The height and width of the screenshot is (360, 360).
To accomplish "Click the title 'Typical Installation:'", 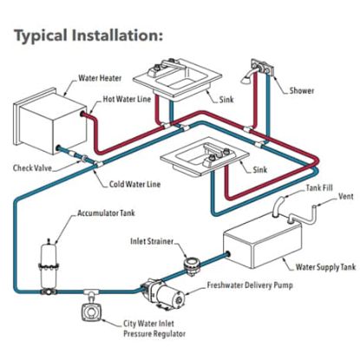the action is tap(88, 36).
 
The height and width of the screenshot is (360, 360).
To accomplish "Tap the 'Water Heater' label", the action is tap(100, 78).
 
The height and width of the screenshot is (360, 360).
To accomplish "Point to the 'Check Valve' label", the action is tap(32, 168).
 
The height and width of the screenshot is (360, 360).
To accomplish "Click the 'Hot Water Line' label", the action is tap(127, 99).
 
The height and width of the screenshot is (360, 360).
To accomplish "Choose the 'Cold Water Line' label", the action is tap(134, 184).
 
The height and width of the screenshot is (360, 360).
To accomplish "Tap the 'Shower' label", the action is tap(302, 91).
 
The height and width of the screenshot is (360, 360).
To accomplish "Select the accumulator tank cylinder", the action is tap(49, 263).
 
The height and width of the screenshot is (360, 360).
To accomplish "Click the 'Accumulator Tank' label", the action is tap(106, 213).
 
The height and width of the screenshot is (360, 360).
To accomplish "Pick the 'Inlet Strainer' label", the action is tap(152, 241).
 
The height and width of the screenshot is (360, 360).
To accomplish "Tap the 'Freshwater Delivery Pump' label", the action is tap(250, 285).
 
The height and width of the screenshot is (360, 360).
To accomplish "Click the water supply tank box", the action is tap(263, 240).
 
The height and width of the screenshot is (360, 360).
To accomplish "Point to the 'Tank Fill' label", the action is tap(319, 188).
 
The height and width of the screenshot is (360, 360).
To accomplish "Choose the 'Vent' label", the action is tap(346, 196).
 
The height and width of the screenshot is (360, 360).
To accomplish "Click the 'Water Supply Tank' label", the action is tap(325, 267).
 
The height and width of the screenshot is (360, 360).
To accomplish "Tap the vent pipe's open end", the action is tap(313, 207).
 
